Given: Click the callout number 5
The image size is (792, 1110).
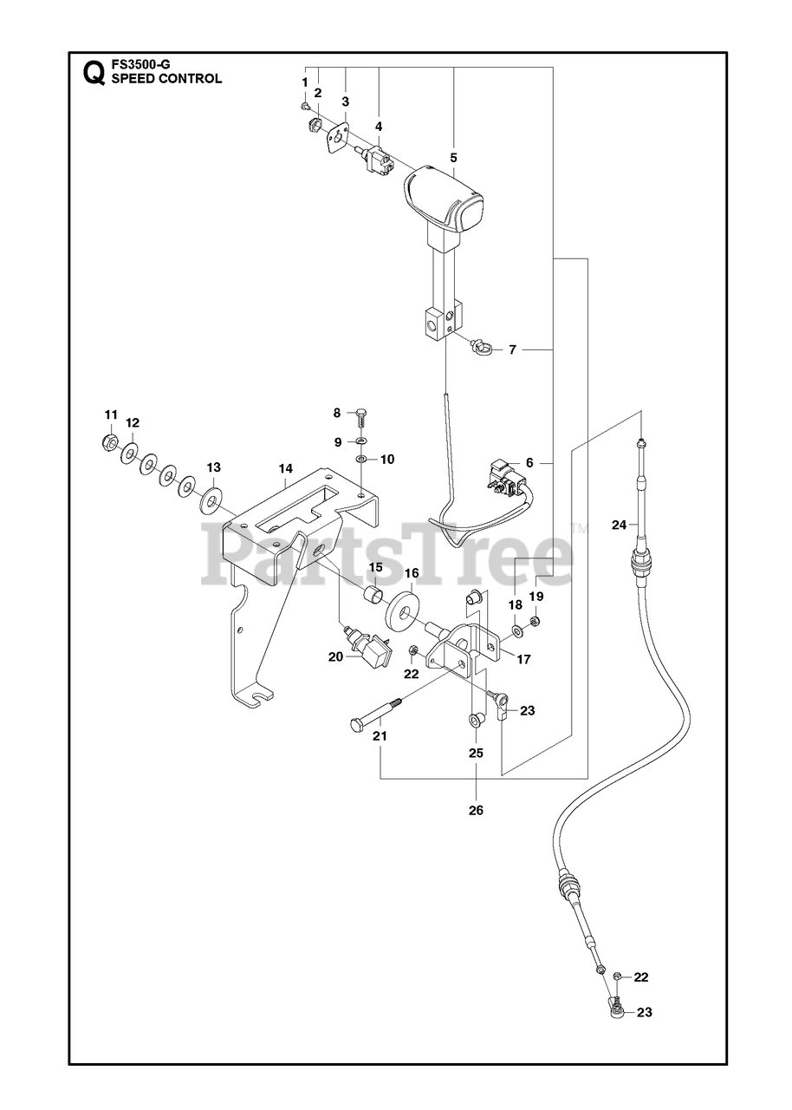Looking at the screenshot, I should pyautogui.click(x=453, y=158).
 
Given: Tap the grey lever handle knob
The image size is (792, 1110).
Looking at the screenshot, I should pyautogui.click(x=445, y=199).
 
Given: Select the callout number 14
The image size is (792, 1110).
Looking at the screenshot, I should pyautogui.click(x=285, y=468).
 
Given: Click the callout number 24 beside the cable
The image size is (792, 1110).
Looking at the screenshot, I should pyautogui.click(x=619, y=525).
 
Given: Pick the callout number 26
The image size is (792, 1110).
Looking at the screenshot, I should pyautogui.click(x=476, y=810).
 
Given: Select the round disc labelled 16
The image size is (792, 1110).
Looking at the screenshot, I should pyautogui.click(x=404, y=612).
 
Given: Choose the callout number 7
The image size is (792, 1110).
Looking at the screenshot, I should pyautogui.click(x=512, y=350).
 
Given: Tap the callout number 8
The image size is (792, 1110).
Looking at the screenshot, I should pyautogui.click(x=337, y=413).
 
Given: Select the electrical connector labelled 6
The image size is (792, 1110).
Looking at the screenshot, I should pyautogui.click(x=505, y=479).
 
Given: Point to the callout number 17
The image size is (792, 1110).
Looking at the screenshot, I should pyautogui.click(x=523, y=660).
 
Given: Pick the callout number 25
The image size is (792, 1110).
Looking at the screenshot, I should pyautogui.click(x=476, y=754).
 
